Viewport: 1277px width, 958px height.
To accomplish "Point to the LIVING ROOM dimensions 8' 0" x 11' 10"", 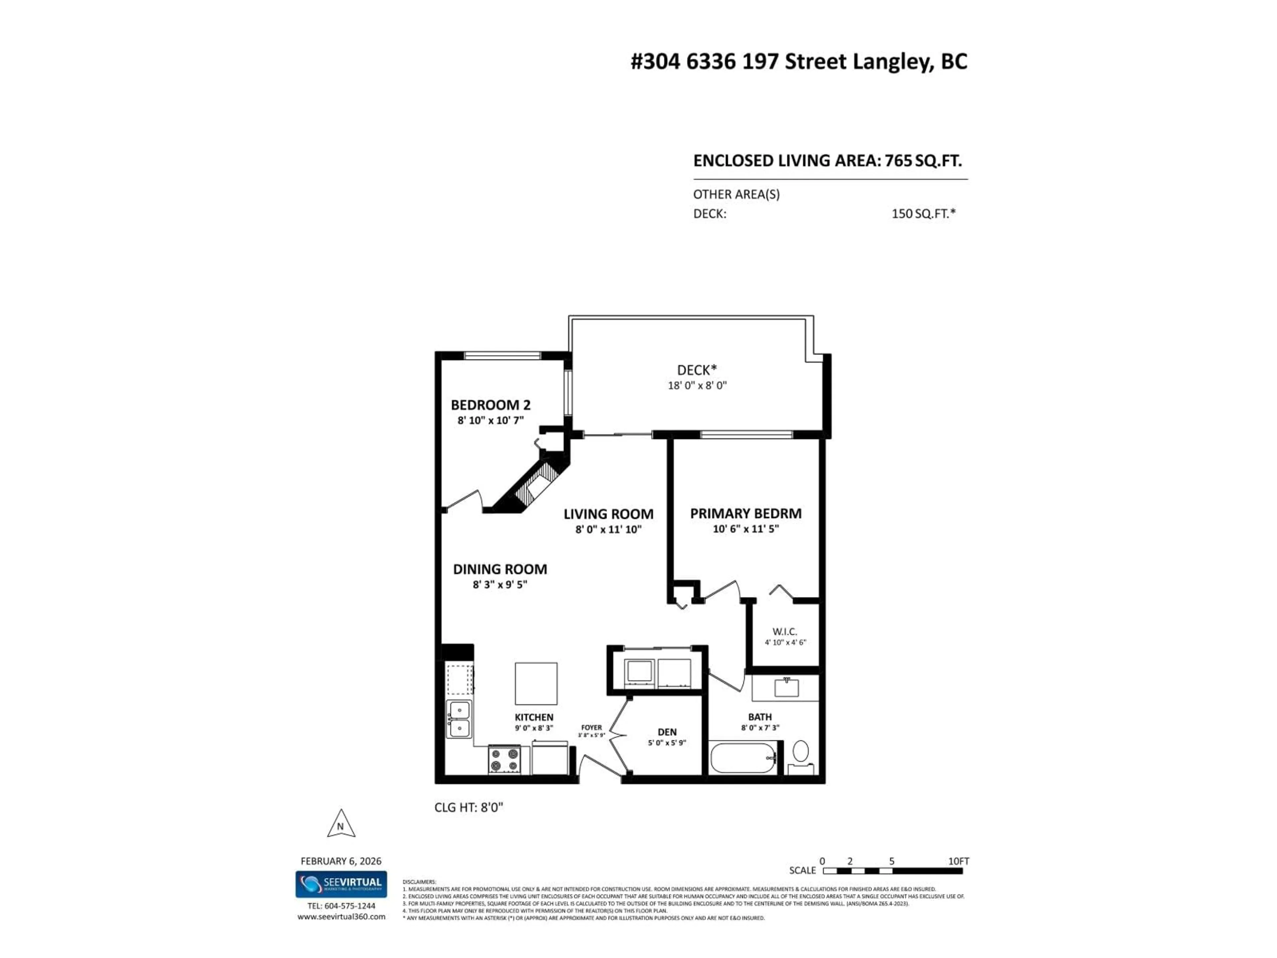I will (x=609, y=529).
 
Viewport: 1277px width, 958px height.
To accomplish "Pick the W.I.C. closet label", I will (x=784, y=632).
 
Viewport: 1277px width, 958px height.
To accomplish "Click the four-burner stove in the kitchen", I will (x=504, y=759).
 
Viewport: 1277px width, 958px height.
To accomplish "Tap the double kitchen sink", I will (x=460, y=719).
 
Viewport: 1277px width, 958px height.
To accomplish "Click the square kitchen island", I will (x=536, y=684).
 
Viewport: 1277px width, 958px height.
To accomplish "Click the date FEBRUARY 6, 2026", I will (x=341, y=861).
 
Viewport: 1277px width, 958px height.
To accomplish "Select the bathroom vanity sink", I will (x=786, y=688).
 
